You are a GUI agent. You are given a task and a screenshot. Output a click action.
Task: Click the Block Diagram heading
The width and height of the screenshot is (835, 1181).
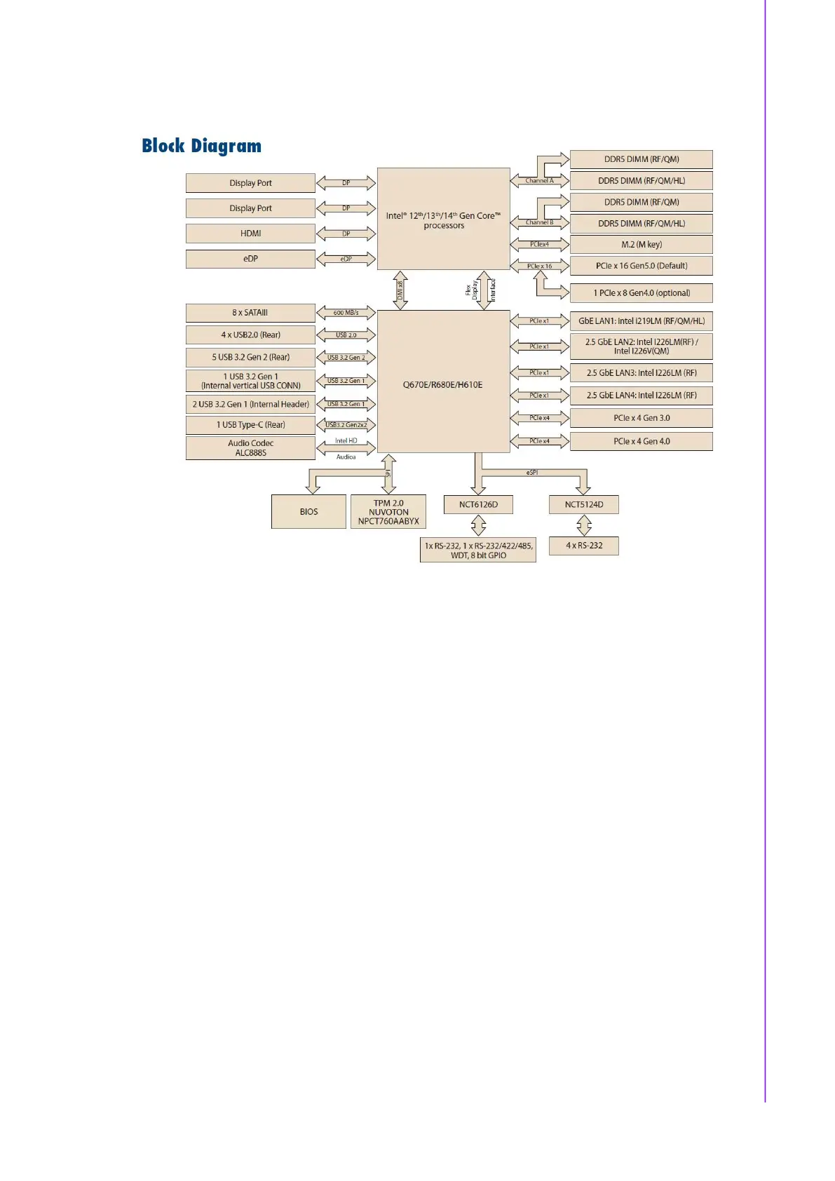click(201, 146)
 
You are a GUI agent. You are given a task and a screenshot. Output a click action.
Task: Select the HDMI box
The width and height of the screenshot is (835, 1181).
click(250, 234)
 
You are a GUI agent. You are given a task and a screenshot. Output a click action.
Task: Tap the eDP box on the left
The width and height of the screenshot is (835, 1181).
click(250, 259)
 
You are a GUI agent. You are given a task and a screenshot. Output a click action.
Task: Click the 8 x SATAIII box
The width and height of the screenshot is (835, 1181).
click(250, 313)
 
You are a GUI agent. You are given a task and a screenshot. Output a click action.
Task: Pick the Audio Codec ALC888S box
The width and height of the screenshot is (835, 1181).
click(250, 448)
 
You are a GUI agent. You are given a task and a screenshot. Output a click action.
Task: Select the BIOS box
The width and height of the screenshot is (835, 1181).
click(308, 512)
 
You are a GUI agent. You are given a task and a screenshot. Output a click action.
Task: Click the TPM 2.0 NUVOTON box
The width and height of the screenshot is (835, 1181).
click(388, 512)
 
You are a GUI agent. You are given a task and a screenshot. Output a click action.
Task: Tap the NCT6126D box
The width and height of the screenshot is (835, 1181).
click(478, 504)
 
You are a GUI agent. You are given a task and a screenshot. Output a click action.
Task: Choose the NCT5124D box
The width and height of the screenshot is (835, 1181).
click(583, 504)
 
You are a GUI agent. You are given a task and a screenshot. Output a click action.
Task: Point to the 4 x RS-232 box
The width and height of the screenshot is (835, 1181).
click(583, 546)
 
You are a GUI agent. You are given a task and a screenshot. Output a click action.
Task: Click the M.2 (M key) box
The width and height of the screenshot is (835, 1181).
click(641, 245)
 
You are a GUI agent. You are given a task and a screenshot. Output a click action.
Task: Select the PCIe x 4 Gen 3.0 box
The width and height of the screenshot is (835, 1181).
click(641, 418)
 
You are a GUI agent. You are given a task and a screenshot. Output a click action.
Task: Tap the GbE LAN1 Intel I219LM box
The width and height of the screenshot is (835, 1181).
click(641, 321)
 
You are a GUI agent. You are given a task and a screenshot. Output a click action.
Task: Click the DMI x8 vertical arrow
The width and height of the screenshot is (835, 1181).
click(400, 290)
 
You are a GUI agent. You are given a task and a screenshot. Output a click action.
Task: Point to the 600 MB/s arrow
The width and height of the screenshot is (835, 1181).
click(346, 313)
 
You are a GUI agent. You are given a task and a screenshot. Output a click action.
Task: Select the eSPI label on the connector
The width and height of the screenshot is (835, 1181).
click(532, 473)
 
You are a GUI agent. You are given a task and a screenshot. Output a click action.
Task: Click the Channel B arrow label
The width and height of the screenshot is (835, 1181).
click(539, 222)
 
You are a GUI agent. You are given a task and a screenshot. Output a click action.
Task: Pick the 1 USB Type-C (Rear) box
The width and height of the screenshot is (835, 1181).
click(250, 425)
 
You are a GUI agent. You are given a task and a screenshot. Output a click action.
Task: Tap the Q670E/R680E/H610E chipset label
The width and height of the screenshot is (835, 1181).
click(442, 385)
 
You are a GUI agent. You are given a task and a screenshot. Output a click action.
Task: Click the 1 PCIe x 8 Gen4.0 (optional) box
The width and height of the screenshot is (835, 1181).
click(641, 293)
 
